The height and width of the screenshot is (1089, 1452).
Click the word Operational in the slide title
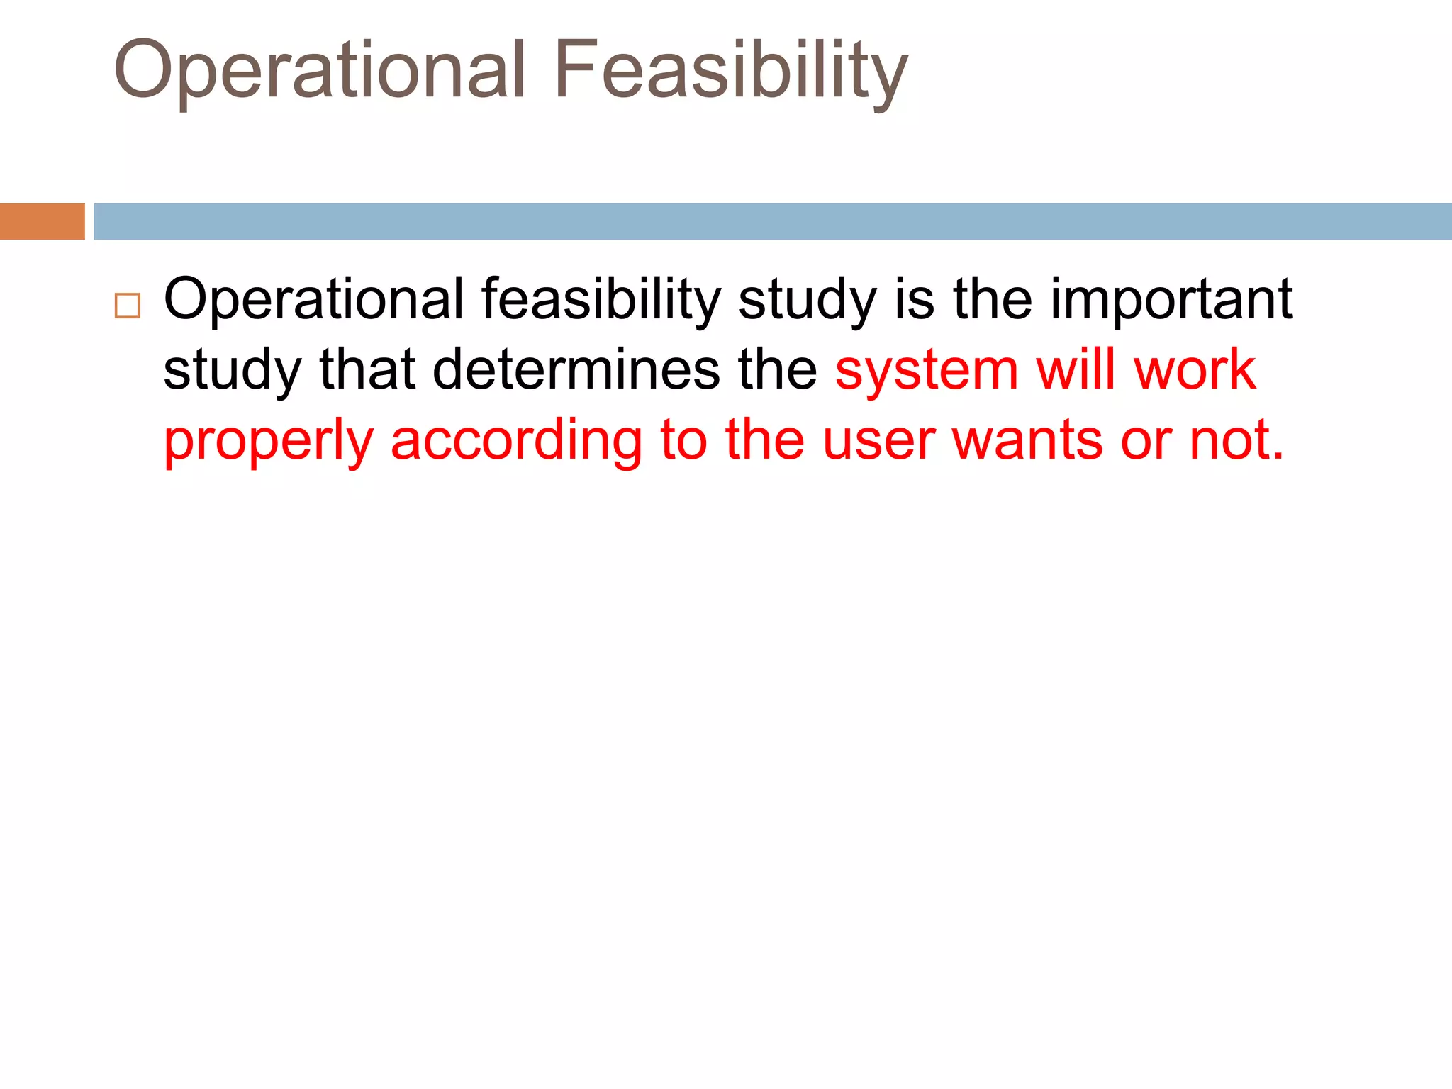[x=319, y=71]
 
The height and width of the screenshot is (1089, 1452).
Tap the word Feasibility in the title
[x=730, y=71]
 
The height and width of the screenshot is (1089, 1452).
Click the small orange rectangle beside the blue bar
[x=42, y=221]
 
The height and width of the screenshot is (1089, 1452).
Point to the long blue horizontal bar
[x=773, y=221]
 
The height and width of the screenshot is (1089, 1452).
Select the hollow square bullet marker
[x=128, y=306]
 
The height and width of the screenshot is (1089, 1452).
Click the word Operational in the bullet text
[x=313, y=299]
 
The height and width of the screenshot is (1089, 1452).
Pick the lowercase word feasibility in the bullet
[x=601, y=299]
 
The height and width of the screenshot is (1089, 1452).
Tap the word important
[x=1171, y=299]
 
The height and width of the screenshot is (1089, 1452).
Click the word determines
[x=576, y=370]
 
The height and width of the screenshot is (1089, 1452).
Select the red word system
[x=927, y=370]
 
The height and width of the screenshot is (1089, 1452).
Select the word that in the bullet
[x=367, y=370]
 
